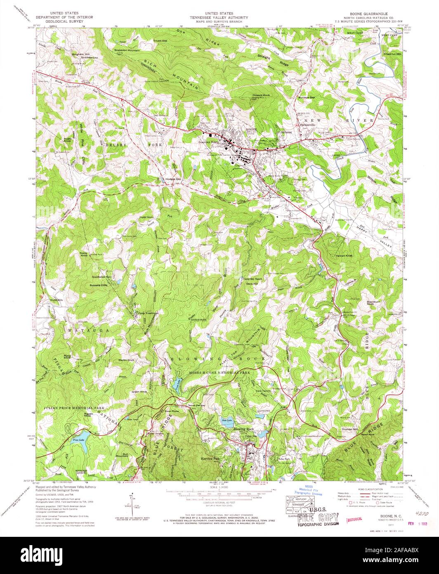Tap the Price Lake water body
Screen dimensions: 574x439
[81, 436]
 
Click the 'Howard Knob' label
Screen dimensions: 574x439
[261, 95]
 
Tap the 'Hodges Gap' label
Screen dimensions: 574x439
[173, 179]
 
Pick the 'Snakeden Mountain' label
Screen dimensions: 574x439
[127, 50]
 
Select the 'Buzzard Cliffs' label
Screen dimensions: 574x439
[99, 285]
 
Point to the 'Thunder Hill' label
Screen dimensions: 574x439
[349, 429]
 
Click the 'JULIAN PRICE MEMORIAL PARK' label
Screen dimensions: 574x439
[71, 408]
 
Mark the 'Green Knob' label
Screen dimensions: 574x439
[139, 391]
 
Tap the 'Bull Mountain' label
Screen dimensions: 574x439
[122, 455]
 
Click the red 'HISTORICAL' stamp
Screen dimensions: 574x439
[354, 519]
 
